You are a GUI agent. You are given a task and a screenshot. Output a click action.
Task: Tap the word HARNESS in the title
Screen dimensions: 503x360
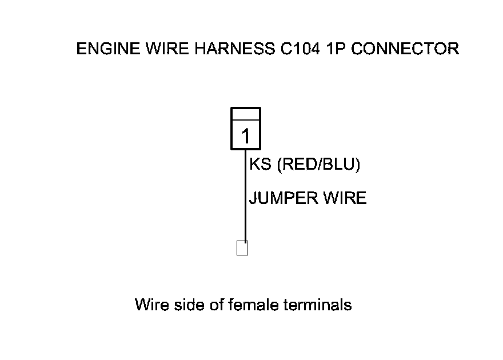tap(225, 49)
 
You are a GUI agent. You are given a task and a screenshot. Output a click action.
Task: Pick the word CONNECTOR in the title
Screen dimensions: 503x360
tap(405, 49)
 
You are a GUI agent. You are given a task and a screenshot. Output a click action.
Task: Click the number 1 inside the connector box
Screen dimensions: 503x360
tap(246, 137)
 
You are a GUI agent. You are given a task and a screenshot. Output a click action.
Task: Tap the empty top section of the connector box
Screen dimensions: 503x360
tap(246, 114)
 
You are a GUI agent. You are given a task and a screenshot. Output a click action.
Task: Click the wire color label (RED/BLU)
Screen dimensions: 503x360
tap(318, 165)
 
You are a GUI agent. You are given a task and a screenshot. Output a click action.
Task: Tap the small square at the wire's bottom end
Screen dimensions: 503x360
tap(242, 249)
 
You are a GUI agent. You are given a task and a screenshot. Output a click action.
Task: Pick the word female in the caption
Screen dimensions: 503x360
tap(254, 305)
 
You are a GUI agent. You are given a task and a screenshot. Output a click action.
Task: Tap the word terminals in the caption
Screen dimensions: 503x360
tap(318, 305)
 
